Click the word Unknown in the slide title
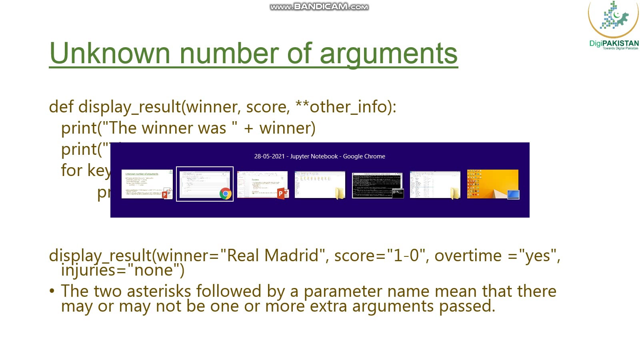click(x=110, y=54)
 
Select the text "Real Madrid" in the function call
click(x=272, y=255)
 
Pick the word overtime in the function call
click(x=468, y=255)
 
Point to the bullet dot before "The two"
click(x=52, y=291)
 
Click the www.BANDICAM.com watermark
click(x=319, y=7)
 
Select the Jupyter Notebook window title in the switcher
click(x=320, y=156)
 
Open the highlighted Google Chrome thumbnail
click(x=204, y=184)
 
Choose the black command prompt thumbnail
click(x=377, y=185)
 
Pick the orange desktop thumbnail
click(x=492, y=184)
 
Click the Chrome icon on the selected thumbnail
click(x=225, y=194)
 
